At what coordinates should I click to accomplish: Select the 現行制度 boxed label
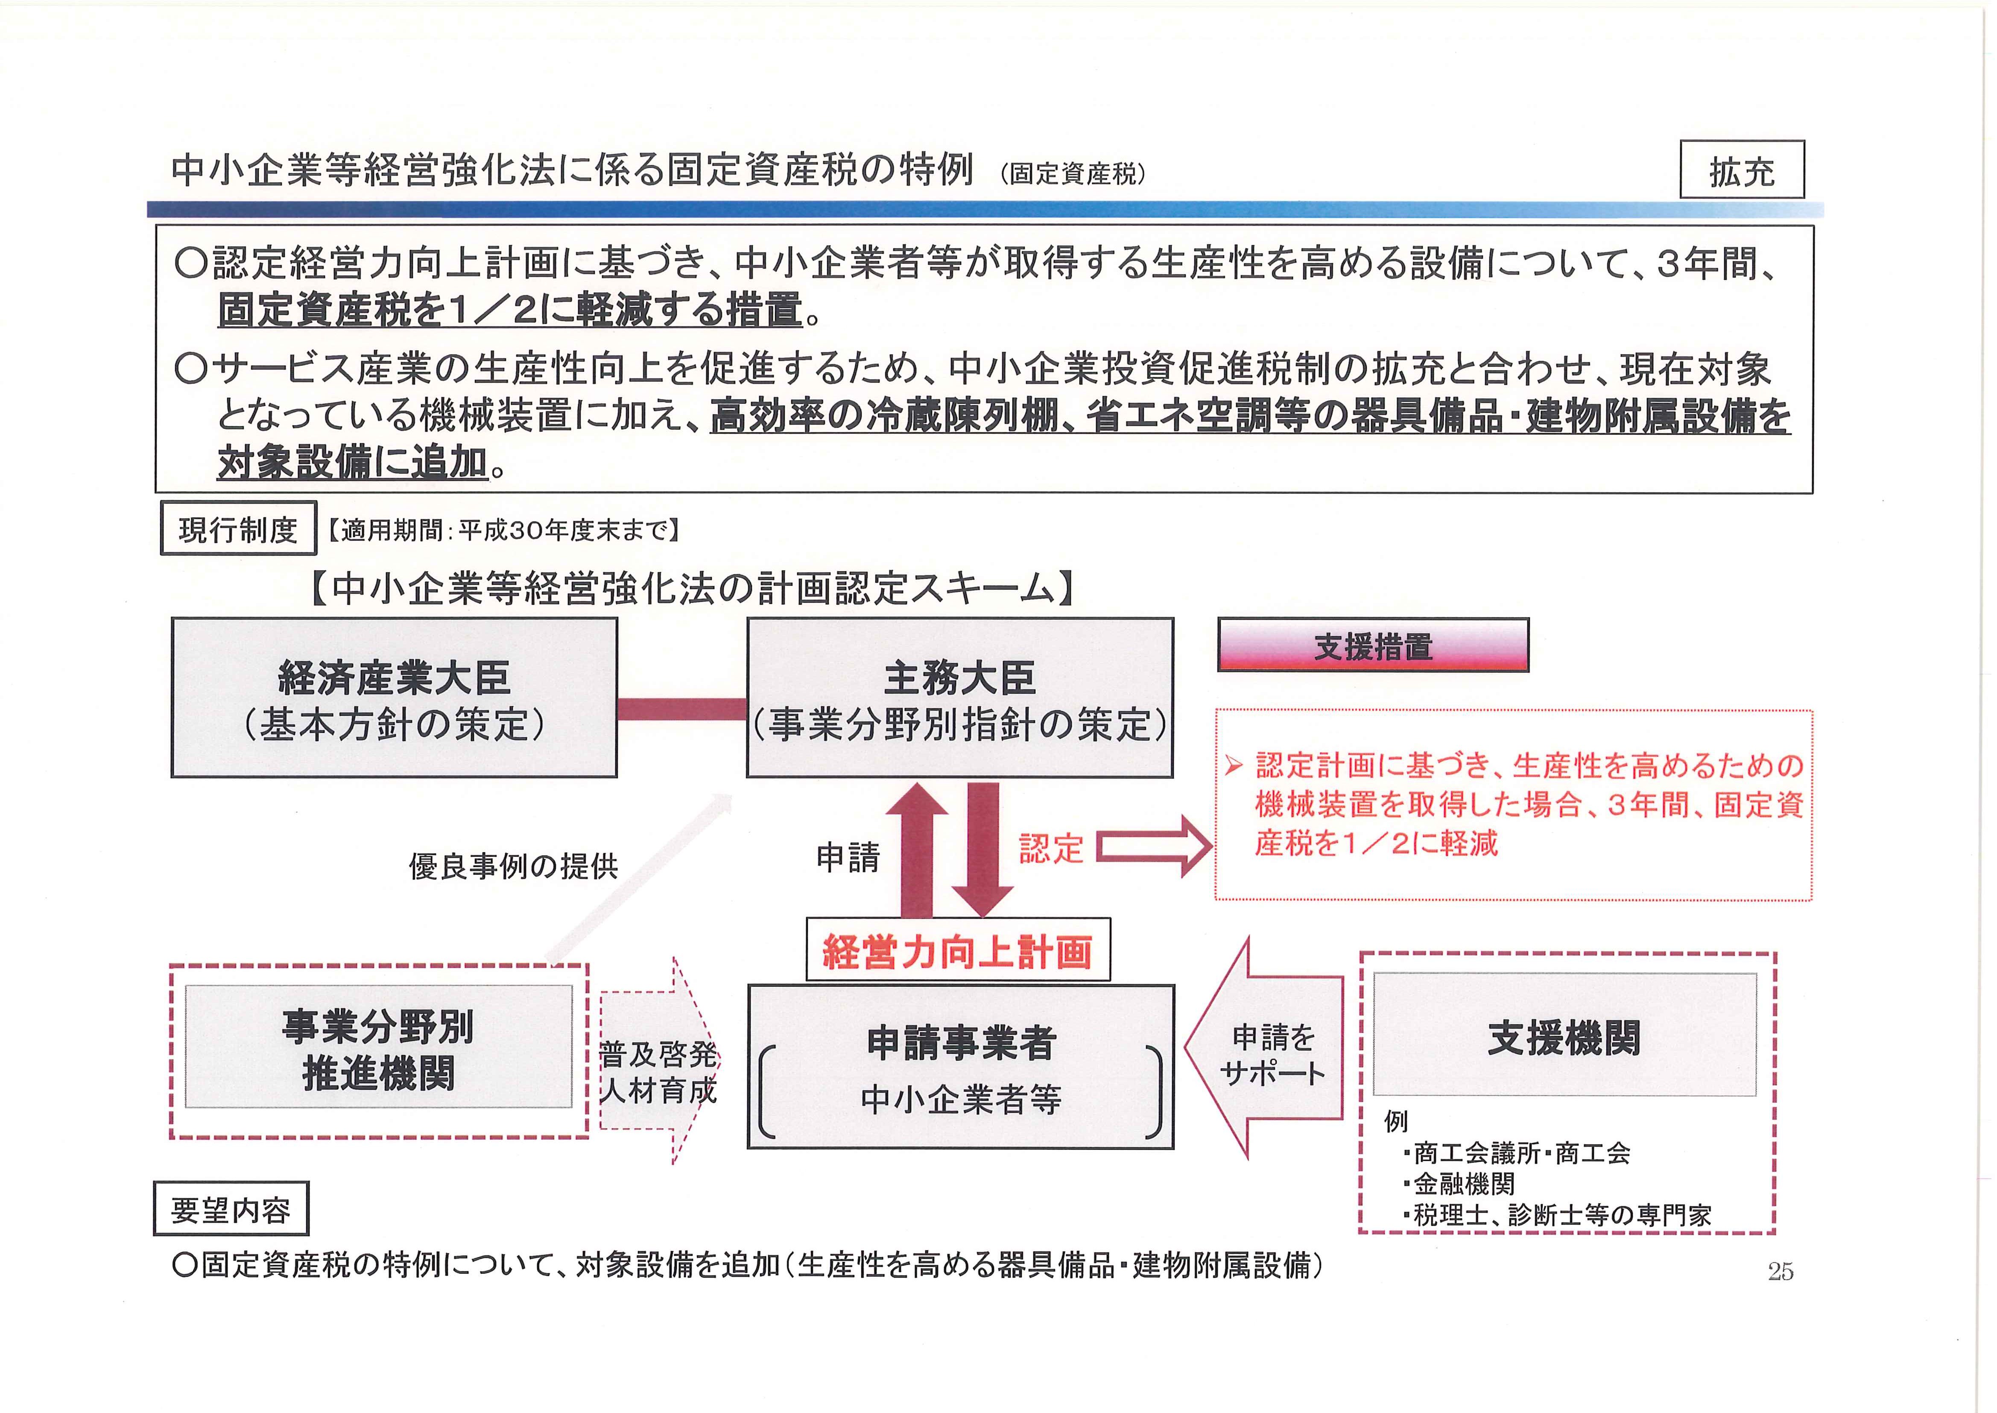click(237, 528)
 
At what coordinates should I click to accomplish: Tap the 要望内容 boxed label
click(231, 1208)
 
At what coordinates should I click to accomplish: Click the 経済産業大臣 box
click(394, 698)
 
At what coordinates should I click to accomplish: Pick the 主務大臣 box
click(960, 698)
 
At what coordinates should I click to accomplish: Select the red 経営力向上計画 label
click(958, 950)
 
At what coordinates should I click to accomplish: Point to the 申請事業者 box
click(960, 1067)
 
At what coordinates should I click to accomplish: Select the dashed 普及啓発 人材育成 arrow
click(659, 1061)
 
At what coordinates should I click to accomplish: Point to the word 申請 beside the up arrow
click(848, 858)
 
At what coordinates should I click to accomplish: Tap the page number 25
click(1781, 1271)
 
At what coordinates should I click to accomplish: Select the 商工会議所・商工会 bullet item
click(1516, 1153)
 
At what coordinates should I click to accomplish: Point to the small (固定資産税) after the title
click(1073, 174)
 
